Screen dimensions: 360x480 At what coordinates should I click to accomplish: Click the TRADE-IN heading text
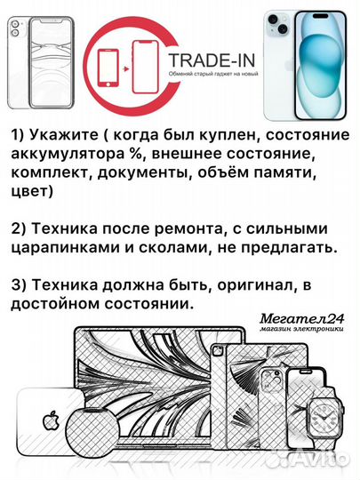coord(212,60)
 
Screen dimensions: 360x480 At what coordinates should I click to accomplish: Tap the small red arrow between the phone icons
coord(125,69)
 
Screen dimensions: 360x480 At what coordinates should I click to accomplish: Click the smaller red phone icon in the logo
coord(108,68)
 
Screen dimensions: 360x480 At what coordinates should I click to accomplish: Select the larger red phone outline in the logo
coord(146,67)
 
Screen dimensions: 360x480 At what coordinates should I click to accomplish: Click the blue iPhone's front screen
coord(321,66)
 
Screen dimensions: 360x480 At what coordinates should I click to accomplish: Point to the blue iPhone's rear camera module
coord(278,23)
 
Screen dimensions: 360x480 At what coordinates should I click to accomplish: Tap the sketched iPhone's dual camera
coord(15,28)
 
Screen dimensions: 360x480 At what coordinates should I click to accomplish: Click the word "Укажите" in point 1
coord(64,135)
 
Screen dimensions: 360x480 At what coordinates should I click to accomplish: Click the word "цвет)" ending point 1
coord(32,192)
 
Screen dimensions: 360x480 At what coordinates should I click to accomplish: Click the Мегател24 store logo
coord(302,320)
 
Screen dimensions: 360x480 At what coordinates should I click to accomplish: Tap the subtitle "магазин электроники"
coord(302,330)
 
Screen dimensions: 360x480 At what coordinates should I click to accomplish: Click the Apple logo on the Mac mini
coord(51,421)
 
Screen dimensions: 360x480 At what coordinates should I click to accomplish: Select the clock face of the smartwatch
coord(323,417)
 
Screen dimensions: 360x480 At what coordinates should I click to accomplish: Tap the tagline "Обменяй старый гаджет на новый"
coord(213,74)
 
